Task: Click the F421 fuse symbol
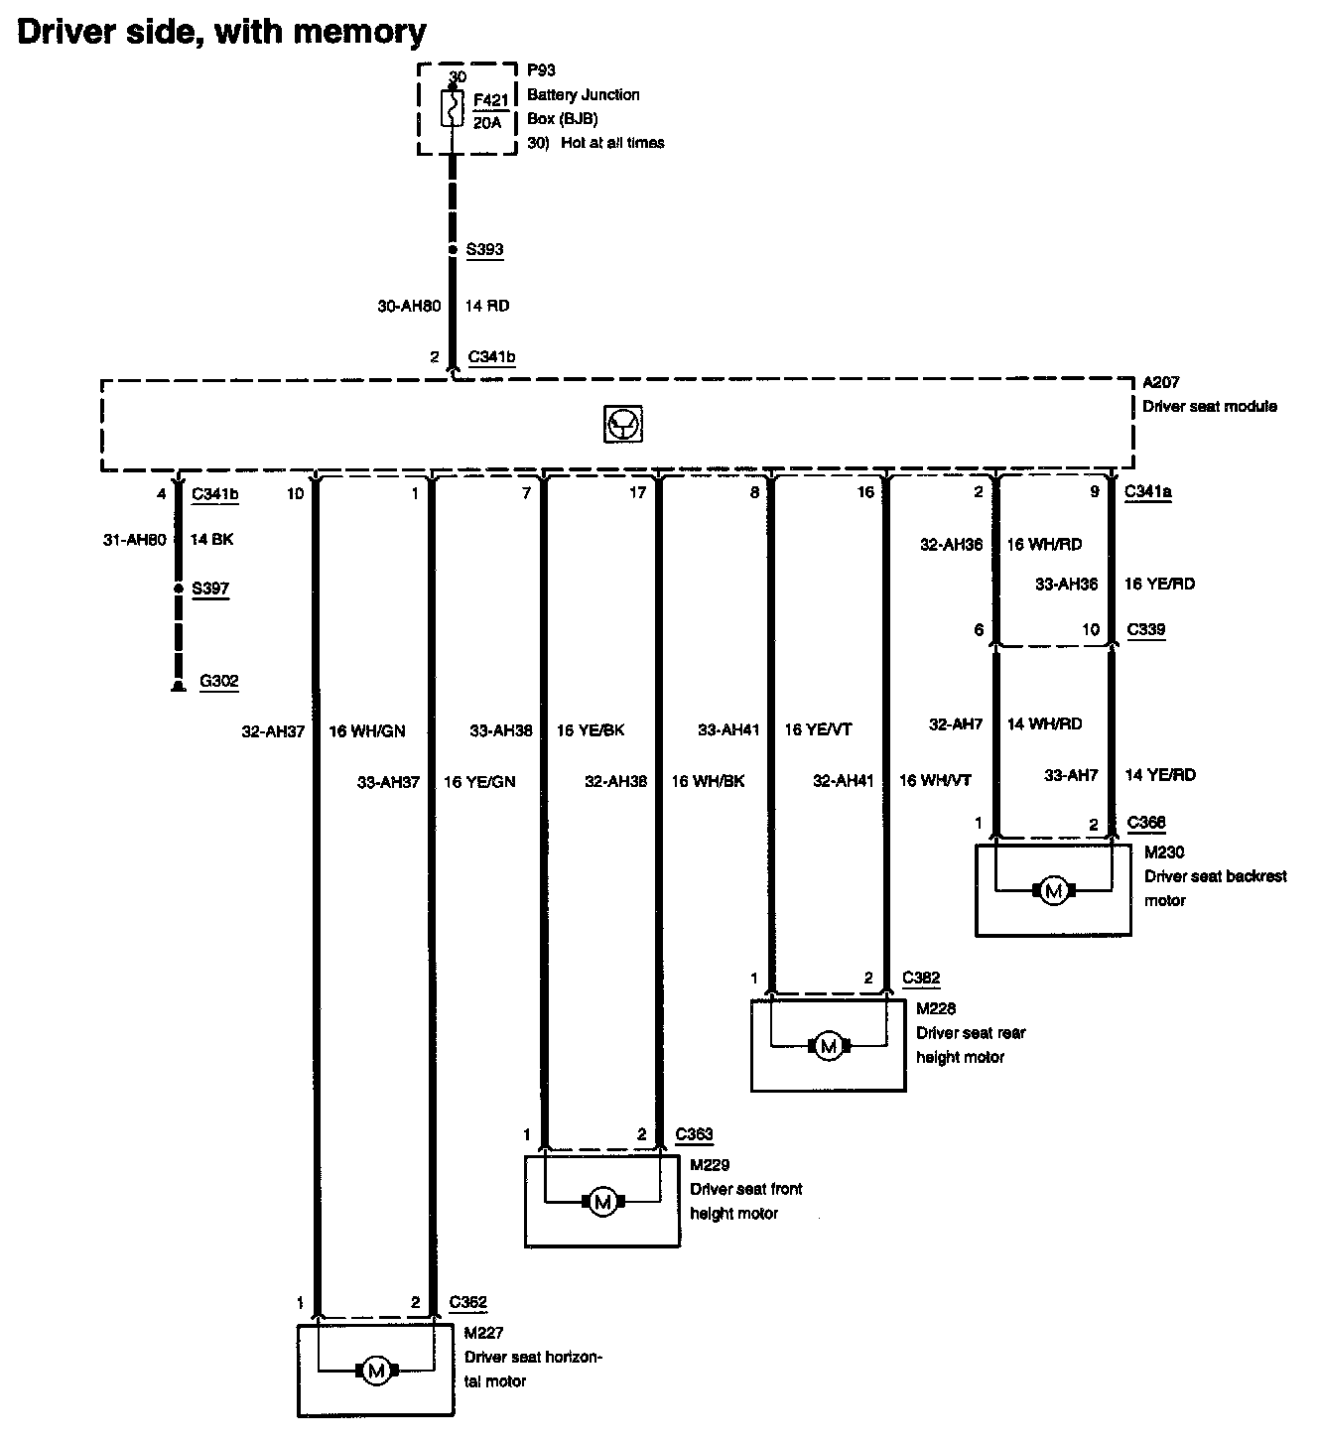tap(452, 108)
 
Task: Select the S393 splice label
tap(484, 249)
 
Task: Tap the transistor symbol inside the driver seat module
tap(622, 425)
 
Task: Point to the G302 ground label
tap(218, 682)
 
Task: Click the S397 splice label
tap(210, 589)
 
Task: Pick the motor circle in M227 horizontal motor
tap(375, 1372)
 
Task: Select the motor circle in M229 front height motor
tap(601, 1202)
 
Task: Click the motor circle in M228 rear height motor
tap(828, 1045)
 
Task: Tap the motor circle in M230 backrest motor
tap(1054, 891)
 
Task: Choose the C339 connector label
tap(1146, 629)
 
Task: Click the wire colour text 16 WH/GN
tap(366, 731)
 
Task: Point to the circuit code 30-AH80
tap(409, 306)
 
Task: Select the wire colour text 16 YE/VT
tap(818, 730)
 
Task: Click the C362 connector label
tap(467, 1303)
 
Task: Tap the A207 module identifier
tap(1160, 382)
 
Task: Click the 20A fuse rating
tap(487, 123)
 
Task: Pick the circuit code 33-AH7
tap(1071, 775)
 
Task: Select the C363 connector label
tap(694, 1134)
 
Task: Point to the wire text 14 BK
tap(211, 539)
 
